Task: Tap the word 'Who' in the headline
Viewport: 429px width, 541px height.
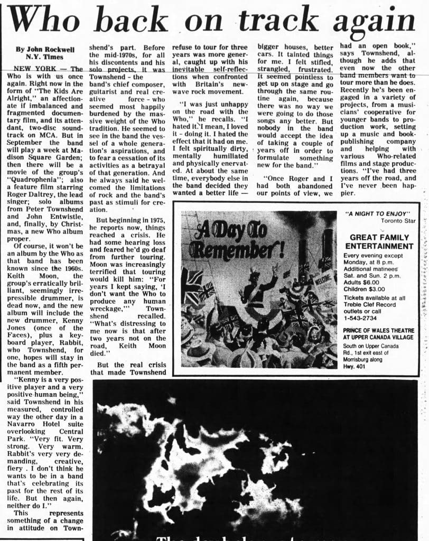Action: pos(45,23)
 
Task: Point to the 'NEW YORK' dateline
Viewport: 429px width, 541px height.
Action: pos(33,69)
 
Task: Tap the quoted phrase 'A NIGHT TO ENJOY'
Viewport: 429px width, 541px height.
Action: pos(370,214)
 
